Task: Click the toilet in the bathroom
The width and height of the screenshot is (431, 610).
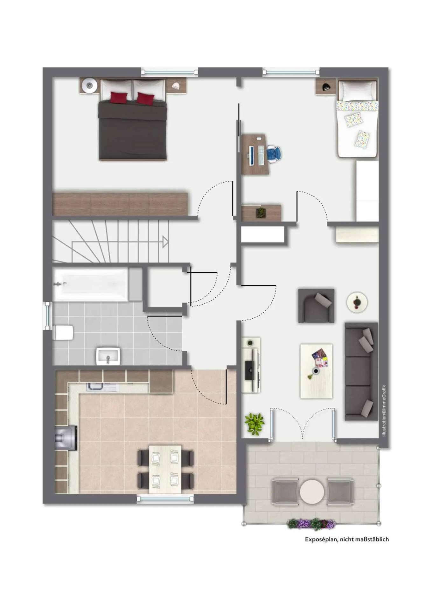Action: coord(63,332)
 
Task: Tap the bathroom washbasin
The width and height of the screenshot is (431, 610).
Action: coord(108,356)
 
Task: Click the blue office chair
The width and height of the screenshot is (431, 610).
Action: coord(274,153)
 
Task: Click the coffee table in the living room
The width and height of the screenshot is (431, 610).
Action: coord(316,371)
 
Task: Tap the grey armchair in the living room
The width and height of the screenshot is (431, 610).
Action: coord(316,306)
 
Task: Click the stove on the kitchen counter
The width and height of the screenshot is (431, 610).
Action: coord(66,438)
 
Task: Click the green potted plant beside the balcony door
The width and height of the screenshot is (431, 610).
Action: coord(254,424)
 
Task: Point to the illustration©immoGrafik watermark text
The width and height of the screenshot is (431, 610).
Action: coord(384,410)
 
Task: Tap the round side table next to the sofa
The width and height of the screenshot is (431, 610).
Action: coord(357,302)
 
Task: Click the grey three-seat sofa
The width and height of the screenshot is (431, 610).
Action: coord(361,371)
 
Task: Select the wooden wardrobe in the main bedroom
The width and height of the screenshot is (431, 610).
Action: coord(120,204)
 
